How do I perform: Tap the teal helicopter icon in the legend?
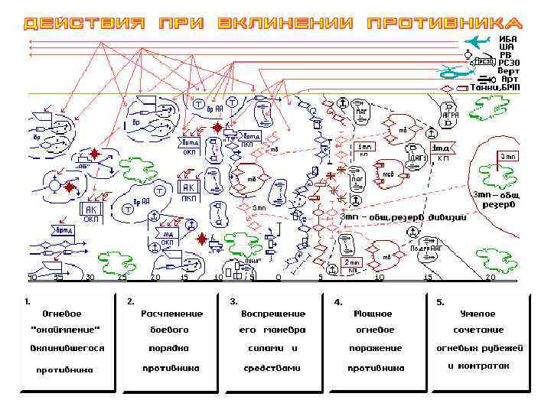pyautogui.click(x=454, y=72)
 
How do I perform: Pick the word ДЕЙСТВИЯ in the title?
pyautogui.click(x=85, y=23)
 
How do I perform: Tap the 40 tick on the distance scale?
pyautogui.click(x=32, y=277)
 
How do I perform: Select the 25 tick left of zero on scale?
pyautogui.click(x=122, y=277)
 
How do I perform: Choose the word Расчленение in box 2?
pyautogui.click(x=172, y=314)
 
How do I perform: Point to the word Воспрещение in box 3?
pyautogui.click(x=273, y=314)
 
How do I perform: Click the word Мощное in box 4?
pyautogui.click(x=373, y=314)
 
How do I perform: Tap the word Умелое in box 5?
pyautogui.click(x=478, y=314)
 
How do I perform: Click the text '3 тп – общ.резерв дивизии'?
pyautogui.click(x=403, y=216)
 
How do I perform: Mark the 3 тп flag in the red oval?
pyautogui.click(x=508, y=157)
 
